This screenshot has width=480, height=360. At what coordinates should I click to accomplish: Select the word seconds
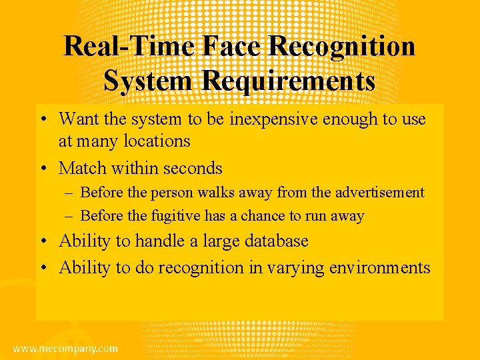[190, 167]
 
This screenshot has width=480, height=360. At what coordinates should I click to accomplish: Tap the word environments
[377, 267]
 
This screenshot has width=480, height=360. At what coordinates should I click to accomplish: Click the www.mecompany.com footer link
[65, 349]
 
